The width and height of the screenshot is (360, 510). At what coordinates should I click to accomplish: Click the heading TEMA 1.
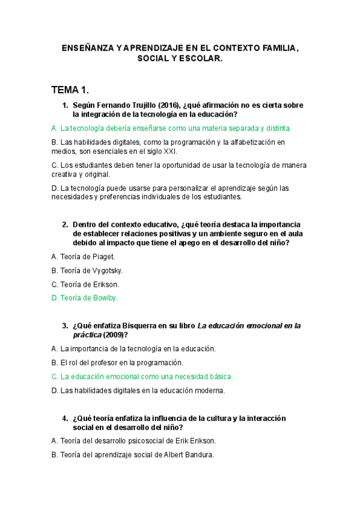(70, 90)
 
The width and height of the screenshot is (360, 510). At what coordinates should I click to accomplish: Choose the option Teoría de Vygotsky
(87, 271)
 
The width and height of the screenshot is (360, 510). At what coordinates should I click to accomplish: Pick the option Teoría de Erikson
(85, 284)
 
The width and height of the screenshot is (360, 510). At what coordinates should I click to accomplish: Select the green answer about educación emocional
(142, 376)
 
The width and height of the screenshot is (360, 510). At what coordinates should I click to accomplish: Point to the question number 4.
(65, 418)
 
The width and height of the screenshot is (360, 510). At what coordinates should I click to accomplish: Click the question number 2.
(65, 225)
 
